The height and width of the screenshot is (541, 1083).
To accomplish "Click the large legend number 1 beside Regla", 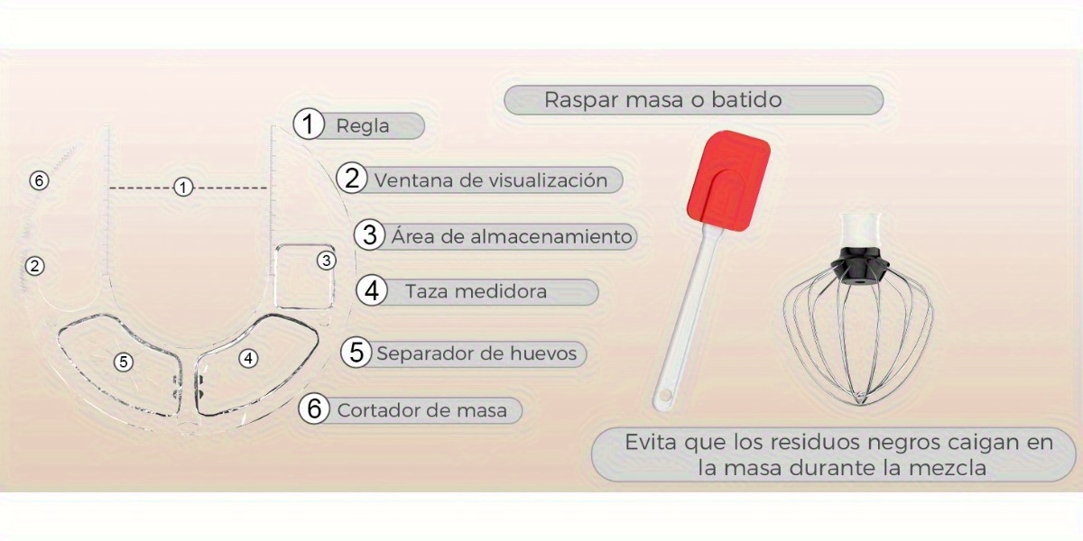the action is (309, 124).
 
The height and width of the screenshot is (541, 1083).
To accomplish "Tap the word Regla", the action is (363, 126).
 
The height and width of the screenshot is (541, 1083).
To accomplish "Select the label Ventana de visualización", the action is (491, 180).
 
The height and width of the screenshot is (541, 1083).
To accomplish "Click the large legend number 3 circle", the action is (370, 234).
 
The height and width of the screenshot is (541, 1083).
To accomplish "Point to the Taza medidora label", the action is (477, 291).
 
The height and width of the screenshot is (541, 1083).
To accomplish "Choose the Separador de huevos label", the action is (477, 353).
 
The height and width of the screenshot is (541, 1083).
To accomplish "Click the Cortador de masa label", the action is (422, 410).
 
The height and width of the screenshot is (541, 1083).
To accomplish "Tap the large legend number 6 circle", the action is (314, 408).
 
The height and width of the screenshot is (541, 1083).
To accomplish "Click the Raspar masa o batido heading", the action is (662, 100).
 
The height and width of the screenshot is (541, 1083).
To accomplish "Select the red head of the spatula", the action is (728, 180).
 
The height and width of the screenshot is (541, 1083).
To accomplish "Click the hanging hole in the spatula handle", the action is (666, 396).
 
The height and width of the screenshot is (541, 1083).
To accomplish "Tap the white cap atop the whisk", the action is (859, 231).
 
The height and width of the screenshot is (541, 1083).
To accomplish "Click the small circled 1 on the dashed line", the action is (182, 187).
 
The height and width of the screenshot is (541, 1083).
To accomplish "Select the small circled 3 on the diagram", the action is (327, 261).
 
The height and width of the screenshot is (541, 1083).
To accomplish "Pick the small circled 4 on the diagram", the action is (248, 359).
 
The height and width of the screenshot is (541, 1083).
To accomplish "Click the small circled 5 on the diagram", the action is (124, 362).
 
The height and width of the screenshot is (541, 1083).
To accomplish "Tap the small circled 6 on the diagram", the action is (39, 180).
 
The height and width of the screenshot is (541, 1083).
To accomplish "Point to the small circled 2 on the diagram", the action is (34, 266).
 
